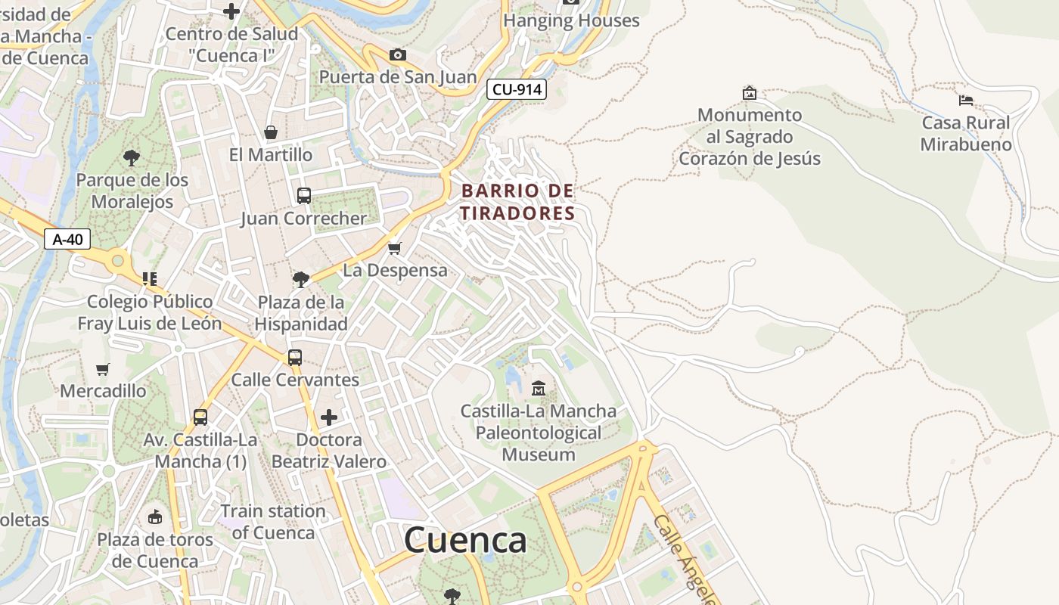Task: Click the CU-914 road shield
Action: pos(517,89)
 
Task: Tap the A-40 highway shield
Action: pos(67,240)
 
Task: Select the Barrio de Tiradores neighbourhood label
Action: pos(518,202)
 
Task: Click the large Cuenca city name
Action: pos(465,540)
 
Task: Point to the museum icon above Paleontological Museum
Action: pos(539,389)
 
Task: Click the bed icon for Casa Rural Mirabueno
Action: pos(965,100)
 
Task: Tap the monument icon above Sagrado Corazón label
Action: pos(749,93)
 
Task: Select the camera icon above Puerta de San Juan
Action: pos(397,54)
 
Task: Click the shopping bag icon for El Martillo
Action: pos(271,132)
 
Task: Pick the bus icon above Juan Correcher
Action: pos(304,196)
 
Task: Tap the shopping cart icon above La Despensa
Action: pos(394,248)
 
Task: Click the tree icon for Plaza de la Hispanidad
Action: pos(300,279)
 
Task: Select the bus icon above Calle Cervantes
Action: pos(295,357)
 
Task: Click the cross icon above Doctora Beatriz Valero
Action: pos(329,417)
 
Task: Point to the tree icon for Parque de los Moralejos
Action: pos(132,158)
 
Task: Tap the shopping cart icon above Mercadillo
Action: pos(103,369)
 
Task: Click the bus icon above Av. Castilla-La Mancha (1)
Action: pos(200,417)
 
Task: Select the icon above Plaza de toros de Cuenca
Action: pos(155,517)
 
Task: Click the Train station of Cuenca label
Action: pos(273,522)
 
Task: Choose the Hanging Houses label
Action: pos(571,20)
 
